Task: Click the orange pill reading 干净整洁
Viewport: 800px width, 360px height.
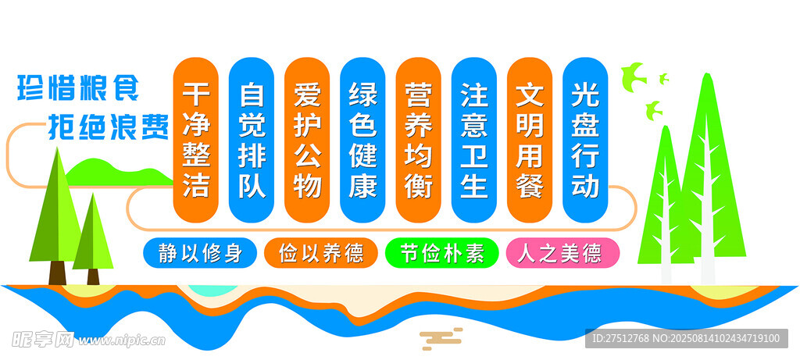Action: (196, 140)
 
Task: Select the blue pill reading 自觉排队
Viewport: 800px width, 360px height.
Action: (252, 140)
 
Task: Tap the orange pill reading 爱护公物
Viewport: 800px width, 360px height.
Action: (307, 140)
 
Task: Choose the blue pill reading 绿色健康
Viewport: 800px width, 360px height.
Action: (362, 140)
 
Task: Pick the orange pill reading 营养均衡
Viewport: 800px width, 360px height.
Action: (419, 140)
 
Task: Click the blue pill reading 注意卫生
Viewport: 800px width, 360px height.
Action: (474, 140)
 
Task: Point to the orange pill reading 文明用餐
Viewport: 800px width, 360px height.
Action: (530, 140)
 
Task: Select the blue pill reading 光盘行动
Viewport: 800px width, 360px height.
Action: (585, 140)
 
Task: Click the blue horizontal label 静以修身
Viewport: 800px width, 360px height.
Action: (200, 253)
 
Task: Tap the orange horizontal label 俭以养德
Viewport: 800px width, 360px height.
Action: (321, 253)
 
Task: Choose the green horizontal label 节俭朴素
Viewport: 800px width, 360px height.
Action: (442, 253)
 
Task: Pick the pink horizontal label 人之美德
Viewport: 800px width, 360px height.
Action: (562, 253)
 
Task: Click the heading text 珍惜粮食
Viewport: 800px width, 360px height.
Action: (78, 87)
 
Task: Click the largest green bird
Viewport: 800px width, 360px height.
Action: (633, 77)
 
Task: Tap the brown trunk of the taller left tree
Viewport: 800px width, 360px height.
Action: (57, 273)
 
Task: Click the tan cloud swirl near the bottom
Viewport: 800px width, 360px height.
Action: (441, 338)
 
